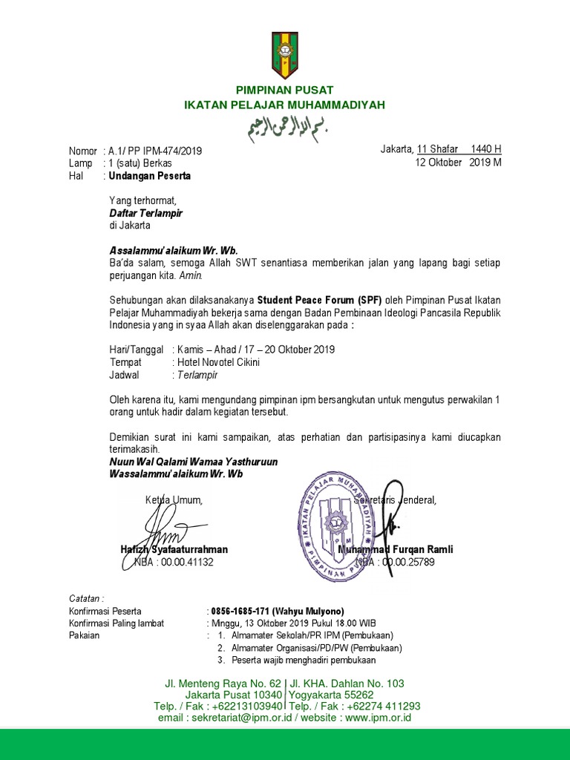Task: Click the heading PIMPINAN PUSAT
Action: click(285, 90)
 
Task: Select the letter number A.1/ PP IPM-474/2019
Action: click(154, 151)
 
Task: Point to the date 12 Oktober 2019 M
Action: click(459, 163)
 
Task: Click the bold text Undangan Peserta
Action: click(149, 176)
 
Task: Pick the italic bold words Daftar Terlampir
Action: click(145, 213)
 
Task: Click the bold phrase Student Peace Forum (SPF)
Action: click(320, 301)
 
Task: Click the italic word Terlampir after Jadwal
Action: click(197, 375)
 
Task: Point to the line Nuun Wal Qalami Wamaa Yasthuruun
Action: click(193, 462)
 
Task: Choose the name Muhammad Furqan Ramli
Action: click(395, 549)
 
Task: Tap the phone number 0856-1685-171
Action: click(243, 611)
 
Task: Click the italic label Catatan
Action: click(87, 597)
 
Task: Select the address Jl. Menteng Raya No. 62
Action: click(223, 683)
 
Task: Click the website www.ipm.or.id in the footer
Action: click(378, 718)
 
